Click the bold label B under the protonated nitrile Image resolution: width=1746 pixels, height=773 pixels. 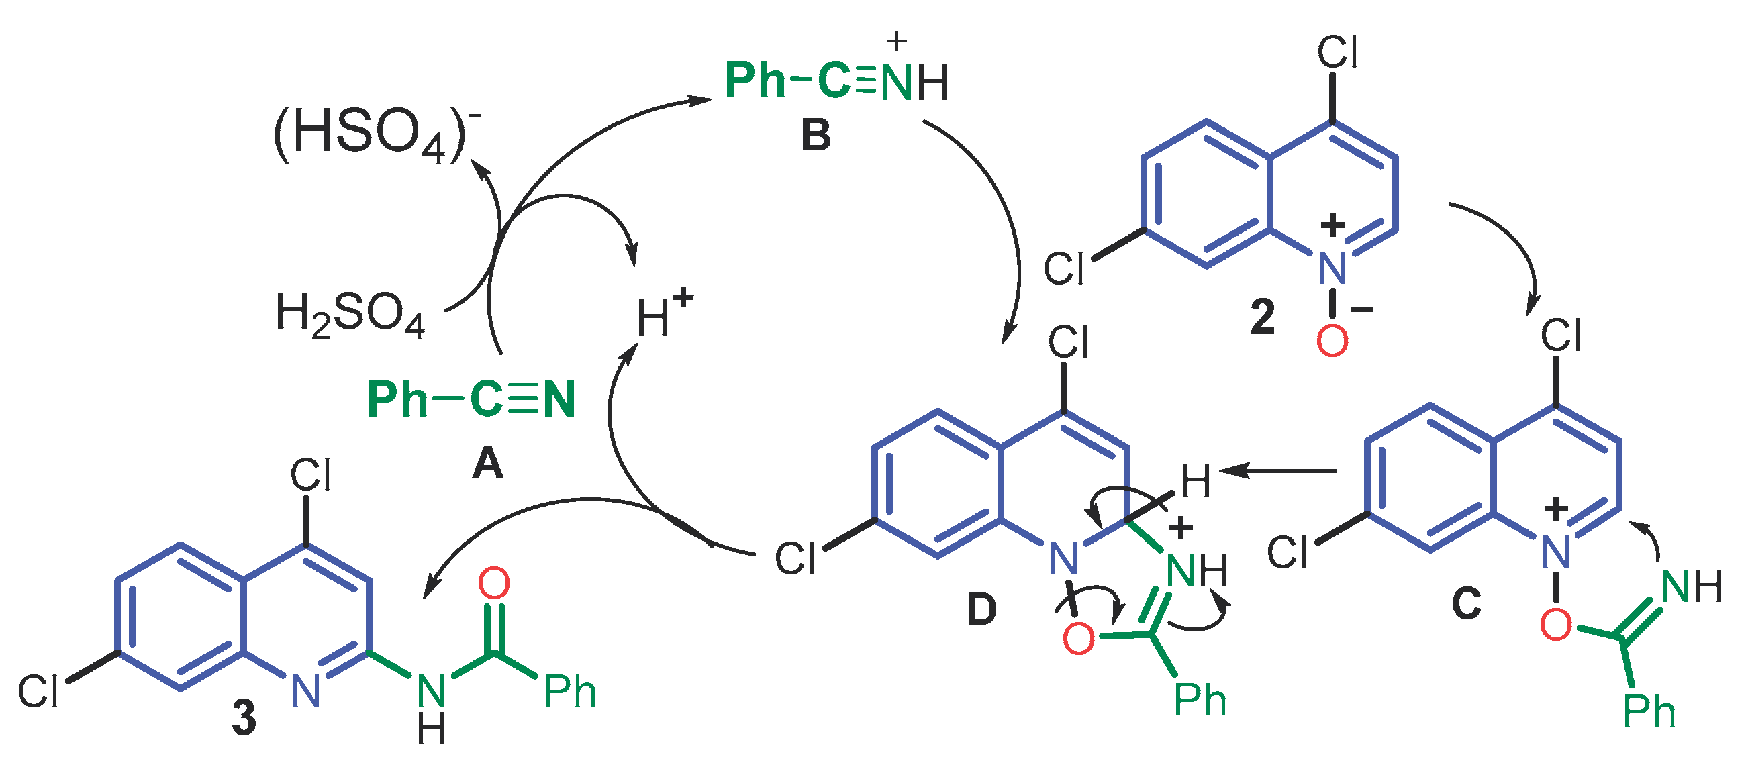(x=816, y=136)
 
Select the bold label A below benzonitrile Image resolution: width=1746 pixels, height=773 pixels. (x=487, y=464)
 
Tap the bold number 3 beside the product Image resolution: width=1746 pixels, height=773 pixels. (x=244, y=717)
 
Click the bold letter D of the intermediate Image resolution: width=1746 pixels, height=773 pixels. (x=981, y=609)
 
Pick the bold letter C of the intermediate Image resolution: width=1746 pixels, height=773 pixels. (x=1466, y=603)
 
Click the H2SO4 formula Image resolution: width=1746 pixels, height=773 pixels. (x=350, y=315)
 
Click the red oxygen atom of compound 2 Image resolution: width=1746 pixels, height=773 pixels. (x=1332, y=341)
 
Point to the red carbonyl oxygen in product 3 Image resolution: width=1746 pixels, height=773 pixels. (x=494, y=583)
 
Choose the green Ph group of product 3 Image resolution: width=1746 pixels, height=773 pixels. (x=569, y=692)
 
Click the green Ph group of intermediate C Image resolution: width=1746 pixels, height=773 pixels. (x=1649, y=711)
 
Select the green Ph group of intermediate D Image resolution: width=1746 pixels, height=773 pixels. (x=1200, y=701)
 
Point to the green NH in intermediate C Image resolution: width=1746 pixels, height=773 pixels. (x=1692, y=586)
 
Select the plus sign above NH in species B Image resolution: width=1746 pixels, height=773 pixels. (x=896, y=42)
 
